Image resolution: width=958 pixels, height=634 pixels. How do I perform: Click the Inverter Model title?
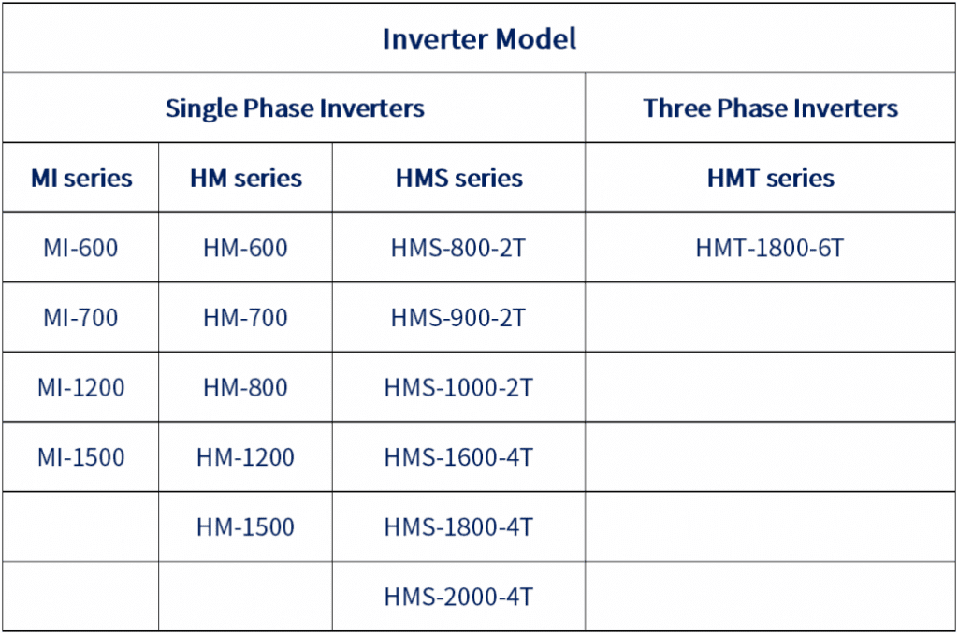[479, 38]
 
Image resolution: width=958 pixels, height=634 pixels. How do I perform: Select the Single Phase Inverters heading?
[295, 108]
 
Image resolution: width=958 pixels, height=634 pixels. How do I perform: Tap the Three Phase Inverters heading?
[771, 108]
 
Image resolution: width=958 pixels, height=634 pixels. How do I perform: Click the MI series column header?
[81, 179]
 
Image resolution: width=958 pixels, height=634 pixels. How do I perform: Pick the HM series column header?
[246, 179]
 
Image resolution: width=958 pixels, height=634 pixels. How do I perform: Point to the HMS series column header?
[458, 179]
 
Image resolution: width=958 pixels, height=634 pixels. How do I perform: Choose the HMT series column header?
[771, 179]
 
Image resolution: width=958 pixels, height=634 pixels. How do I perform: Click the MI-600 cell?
[80, 248]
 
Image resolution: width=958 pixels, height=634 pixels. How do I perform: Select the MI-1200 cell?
[80, 387]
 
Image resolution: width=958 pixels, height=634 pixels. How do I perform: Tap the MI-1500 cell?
[80, 457]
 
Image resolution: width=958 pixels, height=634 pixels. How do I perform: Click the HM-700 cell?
[245, 318]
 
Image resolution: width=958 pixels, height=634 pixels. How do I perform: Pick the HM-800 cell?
[245, 387]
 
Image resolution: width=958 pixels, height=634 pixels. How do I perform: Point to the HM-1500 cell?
[245, 526]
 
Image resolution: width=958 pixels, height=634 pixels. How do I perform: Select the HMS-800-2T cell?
[458, 248]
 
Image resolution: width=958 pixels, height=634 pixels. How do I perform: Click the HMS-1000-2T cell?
[458, 387]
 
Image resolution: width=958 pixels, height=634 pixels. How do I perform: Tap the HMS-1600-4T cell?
[458, 457]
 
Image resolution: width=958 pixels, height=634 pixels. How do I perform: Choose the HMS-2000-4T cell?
[458, 597]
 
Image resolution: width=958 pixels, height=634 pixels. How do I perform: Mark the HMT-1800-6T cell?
[770, 248]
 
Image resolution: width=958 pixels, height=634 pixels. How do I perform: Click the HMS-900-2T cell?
[458, 318]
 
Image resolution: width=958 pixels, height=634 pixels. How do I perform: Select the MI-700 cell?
[80, 318]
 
